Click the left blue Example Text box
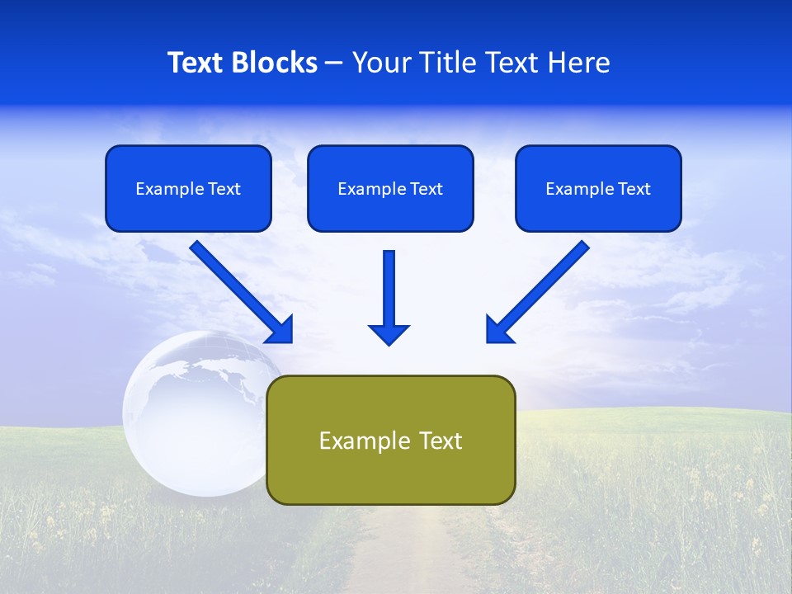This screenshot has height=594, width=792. click(188, 188)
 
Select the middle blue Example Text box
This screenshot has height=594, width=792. click(390, 188)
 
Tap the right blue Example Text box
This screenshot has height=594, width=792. click(598, 188)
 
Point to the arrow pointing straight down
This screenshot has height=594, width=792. click(389, 293)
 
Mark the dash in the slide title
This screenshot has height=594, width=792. click(334, 63)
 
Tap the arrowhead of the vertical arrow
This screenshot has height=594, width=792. click(389, 333)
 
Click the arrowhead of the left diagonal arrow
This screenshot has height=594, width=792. click(280, 330)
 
